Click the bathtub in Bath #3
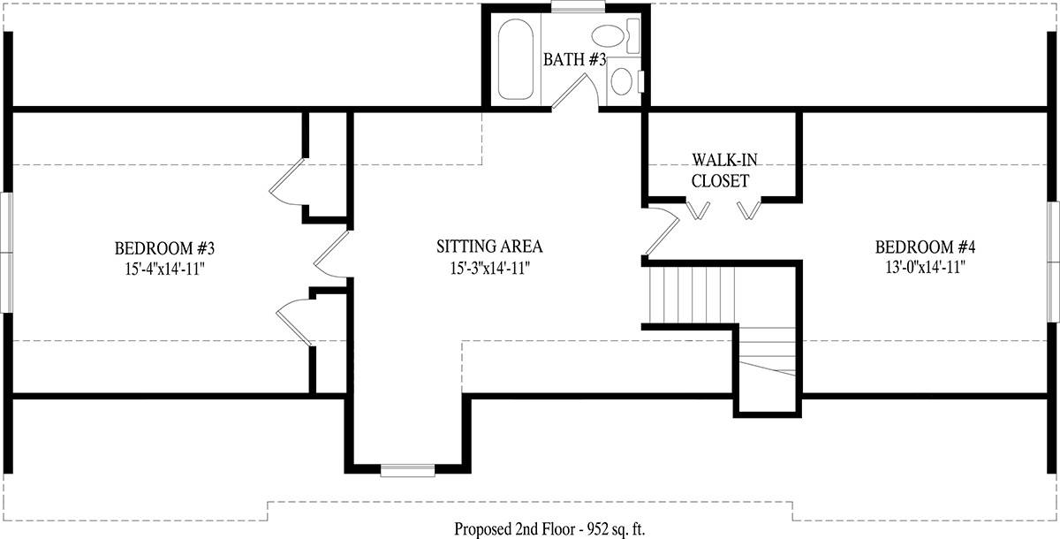[x=516, y=59]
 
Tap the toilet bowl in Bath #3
[x=608, y=36]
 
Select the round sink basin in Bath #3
[x=621, y=81]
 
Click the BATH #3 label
[x=574, y=59]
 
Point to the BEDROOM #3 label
[x=164, y=248]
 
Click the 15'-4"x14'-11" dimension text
[x=164, y=269]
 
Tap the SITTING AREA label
[x=489, y=247]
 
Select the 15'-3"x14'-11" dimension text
[x=489, y=269]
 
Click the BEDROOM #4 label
[x=925, y=247]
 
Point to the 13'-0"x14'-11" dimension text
[x=925, y=268]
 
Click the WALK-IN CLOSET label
[x=723, y=171]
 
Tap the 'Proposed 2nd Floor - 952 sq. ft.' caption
[x=549, y=528]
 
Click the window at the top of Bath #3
[x=579, y=6]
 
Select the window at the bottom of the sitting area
[x=407, y=470]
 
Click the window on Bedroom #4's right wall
[x=1053, y=262]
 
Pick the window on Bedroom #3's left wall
[x=6, y=252]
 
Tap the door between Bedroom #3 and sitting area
[x=332, y=254]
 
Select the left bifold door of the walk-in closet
[x=698, y=209]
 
